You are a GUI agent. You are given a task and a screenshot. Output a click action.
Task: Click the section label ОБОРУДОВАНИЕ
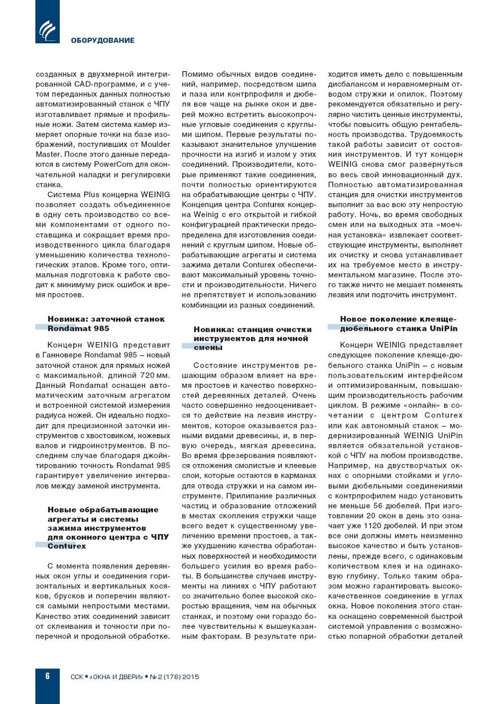103,41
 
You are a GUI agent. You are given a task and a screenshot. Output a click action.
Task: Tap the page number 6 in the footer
47,676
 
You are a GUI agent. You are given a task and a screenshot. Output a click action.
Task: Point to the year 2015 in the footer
191,677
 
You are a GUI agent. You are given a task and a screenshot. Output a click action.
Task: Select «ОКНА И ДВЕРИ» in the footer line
116,677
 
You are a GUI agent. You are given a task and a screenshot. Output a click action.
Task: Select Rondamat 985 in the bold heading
78,328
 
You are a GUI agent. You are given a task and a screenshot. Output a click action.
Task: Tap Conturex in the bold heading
67,546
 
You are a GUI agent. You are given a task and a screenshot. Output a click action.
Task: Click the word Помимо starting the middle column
198,74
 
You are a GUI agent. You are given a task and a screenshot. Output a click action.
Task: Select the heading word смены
208,348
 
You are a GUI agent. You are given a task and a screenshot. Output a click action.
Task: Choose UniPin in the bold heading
444,328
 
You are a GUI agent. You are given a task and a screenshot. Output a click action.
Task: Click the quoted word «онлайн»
424,405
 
